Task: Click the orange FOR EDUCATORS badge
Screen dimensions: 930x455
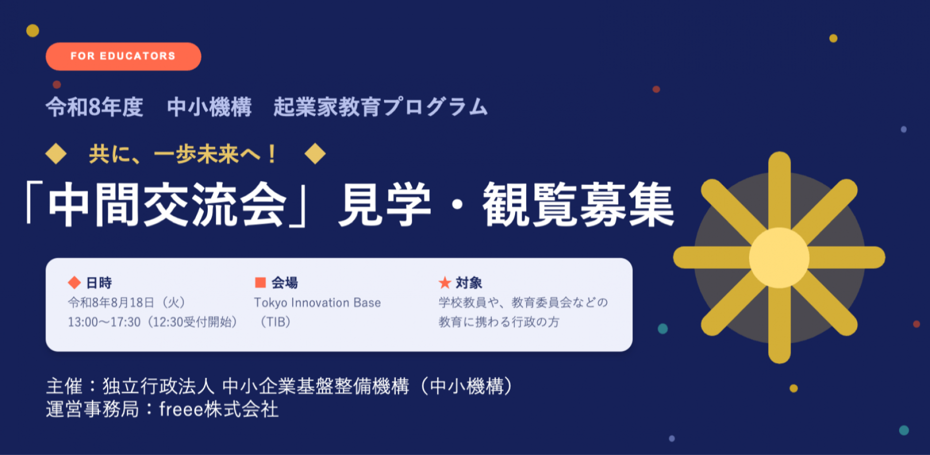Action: click(123, 56)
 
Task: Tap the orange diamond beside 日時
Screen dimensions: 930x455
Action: click(74, 282)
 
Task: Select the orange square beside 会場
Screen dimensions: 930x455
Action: click(260, 282)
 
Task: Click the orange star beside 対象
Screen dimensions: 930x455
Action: click(445, 282)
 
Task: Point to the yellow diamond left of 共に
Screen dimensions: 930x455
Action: click(56, 154)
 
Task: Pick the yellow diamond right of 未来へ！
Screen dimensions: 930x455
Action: click(315, 154)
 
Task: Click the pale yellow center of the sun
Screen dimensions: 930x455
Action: click(779, 257)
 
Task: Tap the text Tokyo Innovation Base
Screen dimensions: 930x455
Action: click(317, 302)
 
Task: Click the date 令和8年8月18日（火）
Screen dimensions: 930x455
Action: click(127, 302)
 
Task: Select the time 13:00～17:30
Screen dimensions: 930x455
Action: click(104, 322)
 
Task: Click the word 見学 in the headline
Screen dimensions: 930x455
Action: click(385, 205)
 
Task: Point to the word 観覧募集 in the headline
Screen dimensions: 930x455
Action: click(578, 205)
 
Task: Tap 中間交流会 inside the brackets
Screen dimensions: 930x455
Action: click(167, 205)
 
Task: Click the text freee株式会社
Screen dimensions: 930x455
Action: click(219, 409)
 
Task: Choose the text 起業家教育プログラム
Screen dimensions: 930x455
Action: click(381, 107)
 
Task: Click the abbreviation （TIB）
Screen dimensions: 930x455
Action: click(276, 322)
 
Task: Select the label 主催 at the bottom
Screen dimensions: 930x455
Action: click(64, 386)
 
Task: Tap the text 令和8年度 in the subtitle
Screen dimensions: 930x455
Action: click(95, 107)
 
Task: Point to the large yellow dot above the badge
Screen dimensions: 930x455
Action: click(33, 31)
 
